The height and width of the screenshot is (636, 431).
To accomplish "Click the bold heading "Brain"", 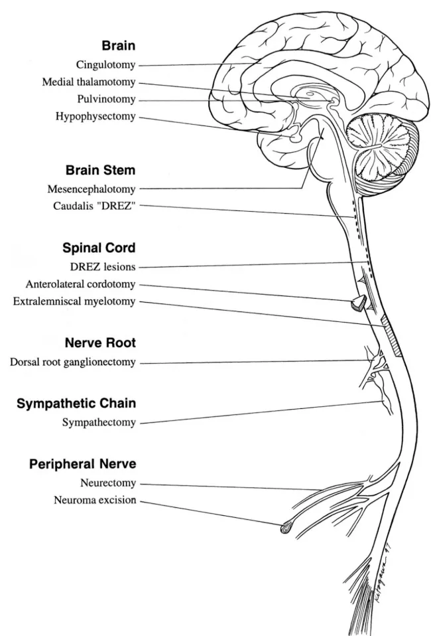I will point(119,46).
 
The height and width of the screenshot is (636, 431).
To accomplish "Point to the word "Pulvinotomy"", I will point(107,100).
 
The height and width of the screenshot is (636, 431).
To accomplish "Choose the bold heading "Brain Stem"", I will point(101,169).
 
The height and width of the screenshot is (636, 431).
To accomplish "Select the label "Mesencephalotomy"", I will point(93,188).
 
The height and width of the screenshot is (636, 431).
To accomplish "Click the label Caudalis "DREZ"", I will point(95,205).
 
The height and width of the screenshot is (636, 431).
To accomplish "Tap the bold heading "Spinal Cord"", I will point(99,248).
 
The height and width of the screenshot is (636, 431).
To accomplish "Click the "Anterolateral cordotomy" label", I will point(81,284).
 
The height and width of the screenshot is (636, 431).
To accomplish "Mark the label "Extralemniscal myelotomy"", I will point(74,301).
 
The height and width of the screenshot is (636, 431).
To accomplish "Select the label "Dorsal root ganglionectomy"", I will point(73,362).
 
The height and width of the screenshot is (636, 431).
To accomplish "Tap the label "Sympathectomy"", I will point(99,422).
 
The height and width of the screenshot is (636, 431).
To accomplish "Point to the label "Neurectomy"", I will point(107,483).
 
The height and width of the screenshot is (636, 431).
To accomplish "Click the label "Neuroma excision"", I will point(95,500).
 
